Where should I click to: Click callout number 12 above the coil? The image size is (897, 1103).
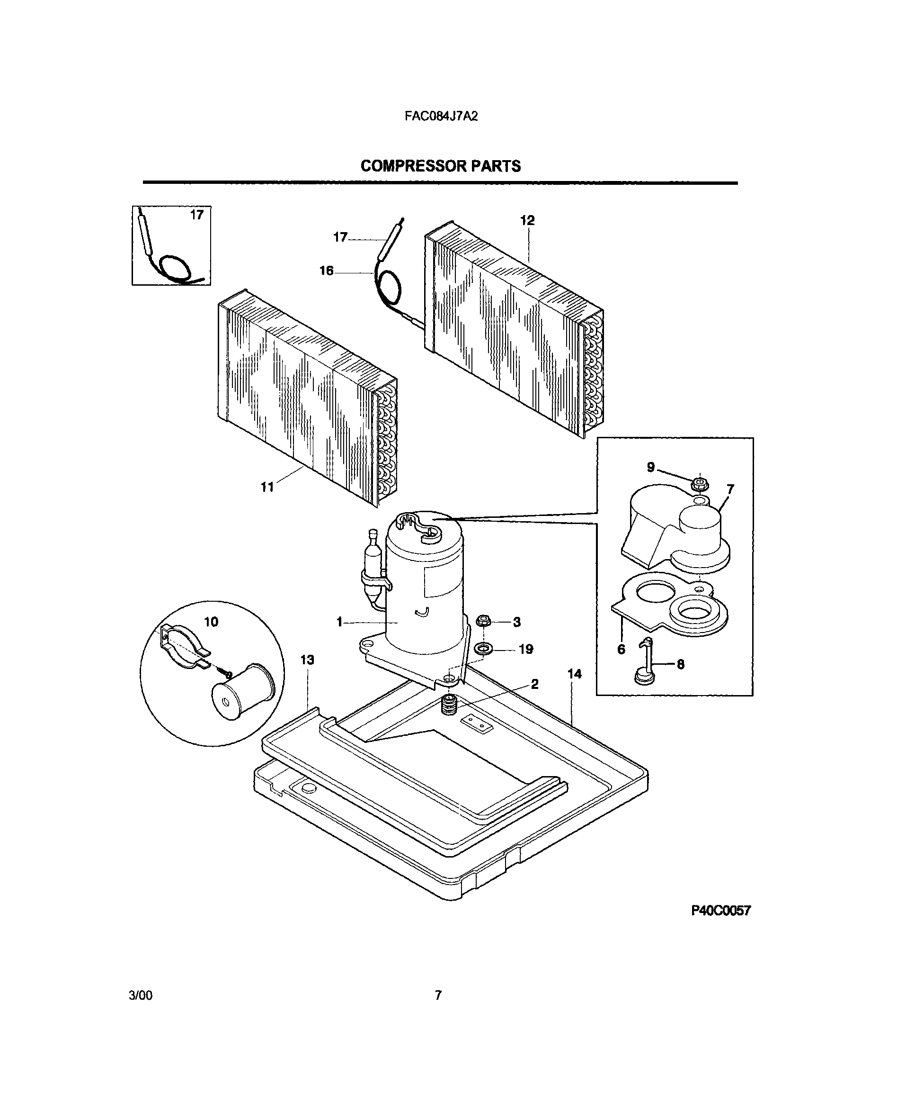[x=527, y=221]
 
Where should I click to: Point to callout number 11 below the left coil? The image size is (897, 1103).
[x=266, y=487]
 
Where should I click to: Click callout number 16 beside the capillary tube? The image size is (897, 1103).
[x=326, y=271]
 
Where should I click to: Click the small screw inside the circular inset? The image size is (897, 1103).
[x=226, y=673]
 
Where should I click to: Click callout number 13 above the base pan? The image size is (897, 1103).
[x=307, y=660]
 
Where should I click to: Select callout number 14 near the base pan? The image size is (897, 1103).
[x=574, y=674]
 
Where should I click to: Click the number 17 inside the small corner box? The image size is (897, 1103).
[x=197, y=215]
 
